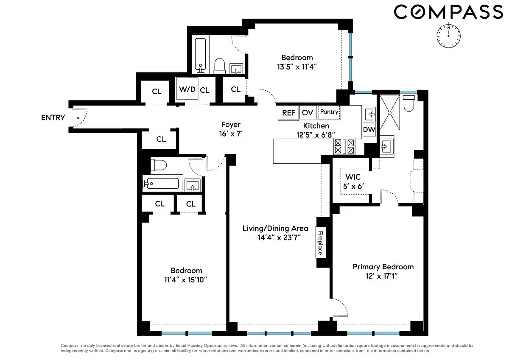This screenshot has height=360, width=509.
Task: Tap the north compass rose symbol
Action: click(448, 35)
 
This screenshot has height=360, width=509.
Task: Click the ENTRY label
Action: click(53, 117)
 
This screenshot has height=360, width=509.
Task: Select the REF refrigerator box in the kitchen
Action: click(288, 113)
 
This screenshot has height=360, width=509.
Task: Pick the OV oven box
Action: click(308, 112)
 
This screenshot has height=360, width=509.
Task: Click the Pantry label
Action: click(329, 112)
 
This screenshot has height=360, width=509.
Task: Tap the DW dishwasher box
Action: click(369, 130)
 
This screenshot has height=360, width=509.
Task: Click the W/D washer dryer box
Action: click(187, 89)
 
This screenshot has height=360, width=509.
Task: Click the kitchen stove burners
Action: click(344, 147)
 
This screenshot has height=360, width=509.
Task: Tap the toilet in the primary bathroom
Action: click(409, 103)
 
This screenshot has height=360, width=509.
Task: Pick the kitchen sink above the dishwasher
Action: click(369, 114)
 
